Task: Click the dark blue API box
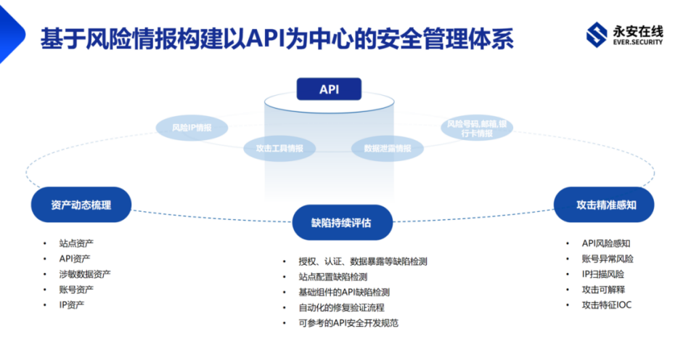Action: (329, 89)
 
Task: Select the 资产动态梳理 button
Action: (81, 205)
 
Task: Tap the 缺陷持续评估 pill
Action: (342, 223)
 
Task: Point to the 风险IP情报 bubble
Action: (192, 128)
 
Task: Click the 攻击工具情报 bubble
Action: (279, 148)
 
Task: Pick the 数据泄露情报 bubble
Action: (387, 148)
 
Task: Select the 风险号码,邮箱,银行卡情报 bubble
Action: (476, 128)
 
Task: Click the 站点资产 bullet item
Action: (76, 242)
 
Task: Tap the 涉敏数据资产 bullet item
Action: (85, 274)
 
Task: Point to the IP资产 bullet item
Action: (72, 304)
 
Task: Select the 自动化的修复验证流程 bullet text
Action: (341, 307)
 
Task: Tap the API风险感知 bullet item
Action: (606, 243)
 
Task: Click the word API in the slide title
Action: (267, 38)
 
